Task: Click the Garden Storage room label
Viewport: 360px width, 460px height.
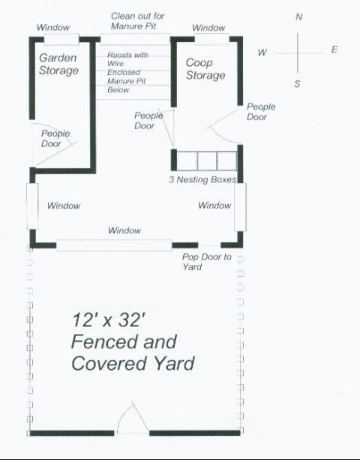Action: tap(58, 64)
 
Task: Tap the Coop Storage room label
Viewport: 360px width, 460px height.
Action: tap(205, 68)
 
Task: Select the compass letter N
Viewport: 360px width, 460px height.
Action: tap(298, 17)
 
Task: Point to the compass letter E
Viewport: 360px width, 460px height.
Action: tap(334, 50)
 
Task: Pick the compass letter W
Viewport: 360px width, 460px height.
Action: tap(262, 53)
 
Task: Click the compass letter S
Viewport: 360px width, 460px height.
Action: tap(297, 84)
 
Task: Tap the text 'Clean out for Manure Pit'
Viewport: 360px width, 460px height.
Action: tap(137, 21)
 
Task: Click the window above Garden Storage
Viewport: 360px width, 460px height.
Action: tap(61, 40)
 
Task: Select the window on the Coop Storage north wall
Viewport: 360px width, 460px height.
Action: tap(212, 39)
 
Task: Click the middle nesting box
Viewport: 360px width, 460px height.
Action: tap(207, 161)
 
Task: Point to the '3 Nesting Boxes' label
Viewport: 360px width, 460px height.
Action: tap(202, 179)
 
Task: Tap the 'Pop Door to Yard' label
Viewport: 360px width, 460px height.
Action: tap(207, 262)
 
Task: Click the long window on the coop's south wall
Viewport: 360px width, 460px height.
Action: tap(114, 245)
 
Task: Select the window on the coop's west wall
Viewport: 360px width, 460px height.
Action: tap(32, 206)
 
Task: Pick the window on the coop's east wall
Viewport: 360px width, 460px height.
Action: tap(240, 207)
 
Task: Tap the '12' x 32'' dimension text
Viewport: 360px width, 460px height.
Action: tap(109, 320)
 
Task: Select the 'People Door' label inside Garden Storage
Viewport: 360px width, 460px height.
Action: tap(55, 139)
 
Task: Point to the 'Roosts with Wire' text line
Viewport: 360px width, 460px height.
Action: tap(127, 59)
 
